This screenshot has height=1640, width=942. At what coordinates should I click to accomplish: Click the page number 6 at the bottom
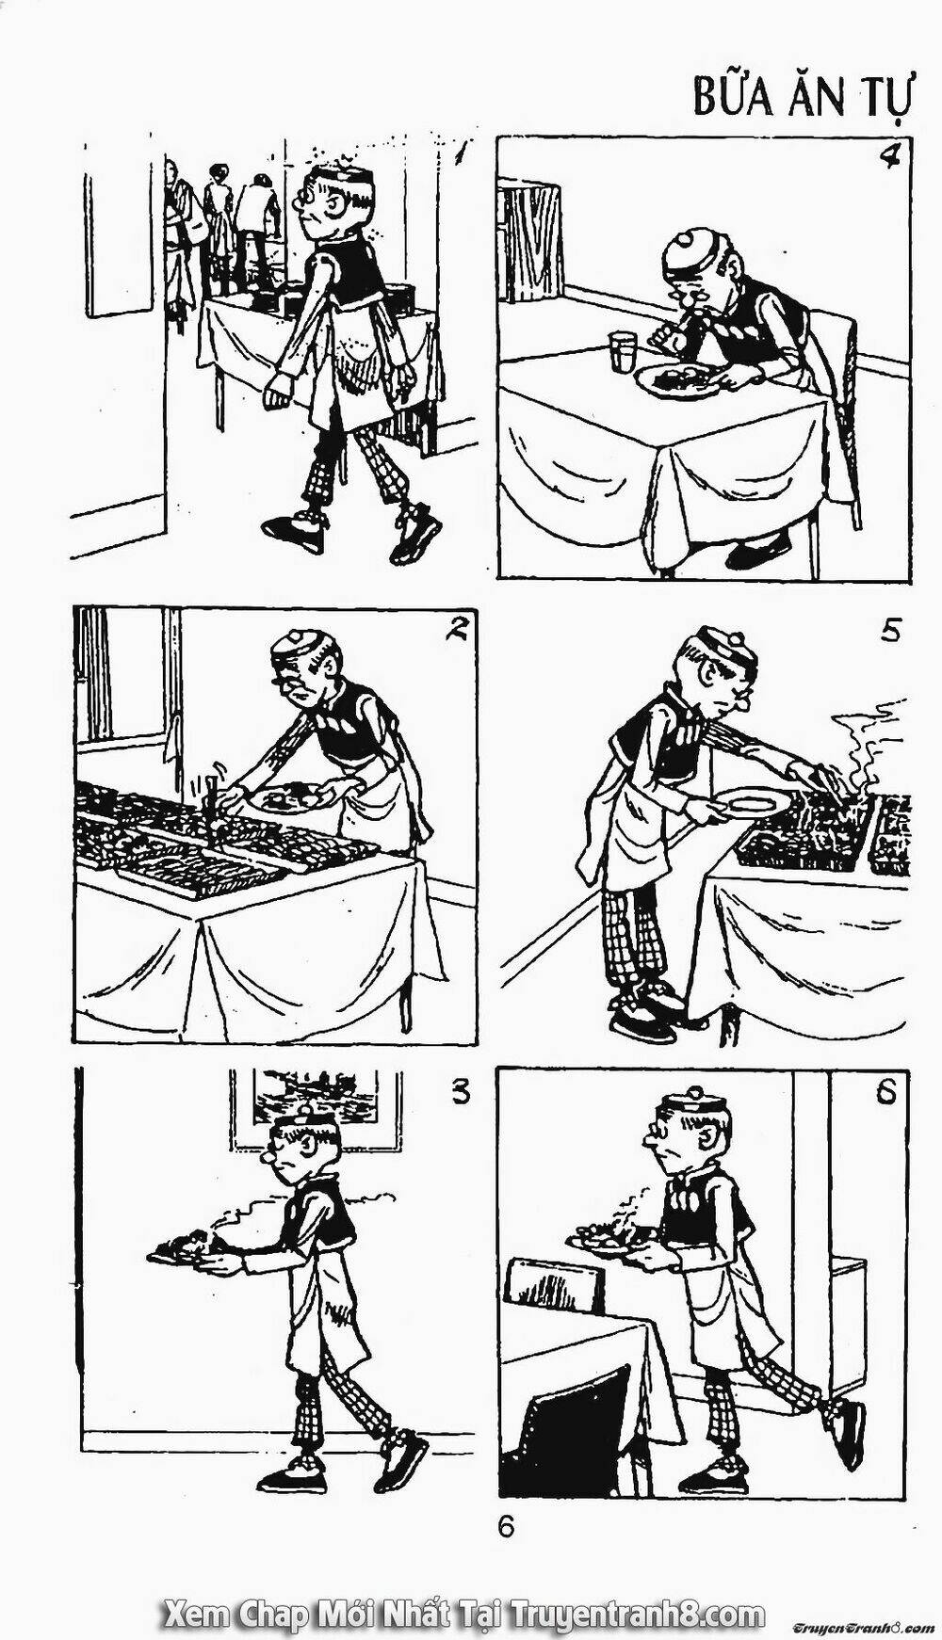(x=507, y=1527)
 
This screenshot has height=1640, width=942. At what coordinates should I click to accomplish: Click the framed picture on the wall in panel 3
(x=304, y=1097)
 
